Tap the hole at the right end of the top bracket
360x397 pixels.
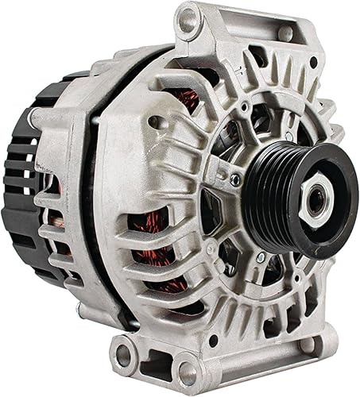[285, 33]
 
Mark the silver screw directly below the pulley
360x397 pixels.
[260, 257]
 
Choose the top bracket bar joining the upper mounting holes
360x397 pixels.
[238, 28]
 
